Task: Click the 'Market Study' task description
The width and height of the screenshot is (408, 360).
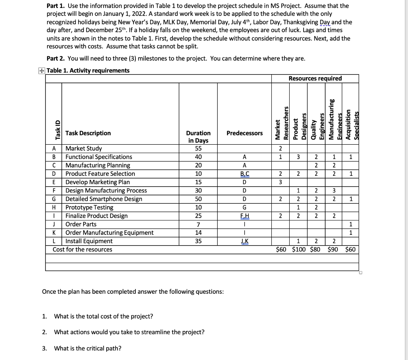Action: click(84, 149)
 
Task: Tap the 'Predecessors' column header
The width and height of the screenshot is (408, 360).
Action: click(244, 133)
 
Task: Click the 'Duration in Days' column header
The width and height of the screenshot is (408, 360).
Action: click(198, 137)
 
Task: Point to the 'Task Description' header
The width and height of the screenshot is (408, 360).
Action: click(88, 133)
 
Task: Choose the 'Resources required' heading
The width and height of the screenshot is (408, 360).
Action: click(315, 78)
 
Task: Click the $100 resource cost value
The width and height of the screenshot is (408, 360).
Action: click(299, 250)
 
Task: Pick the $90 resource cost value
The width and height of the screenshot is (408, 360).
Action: click(334, 250)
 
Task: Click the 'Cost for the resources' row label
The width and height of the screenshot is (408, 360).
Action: click(82, 250)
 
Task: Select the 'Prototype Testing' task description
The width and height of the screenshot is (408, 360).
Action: click(89, 207)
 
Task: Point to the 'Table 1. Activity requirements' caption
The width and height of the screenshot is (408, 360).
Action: click(88, 71)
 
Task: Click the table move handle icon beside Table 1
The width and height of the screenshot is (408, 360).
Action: click(42, 71)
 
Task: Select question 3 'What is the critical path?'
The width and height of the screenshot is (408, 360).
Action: click(88, 348)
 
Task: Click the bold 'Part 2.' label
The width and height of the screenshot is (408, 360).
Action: click(56, 59)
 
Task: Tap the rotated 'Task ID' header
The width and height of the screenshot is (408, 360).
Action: click(57, 130)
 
